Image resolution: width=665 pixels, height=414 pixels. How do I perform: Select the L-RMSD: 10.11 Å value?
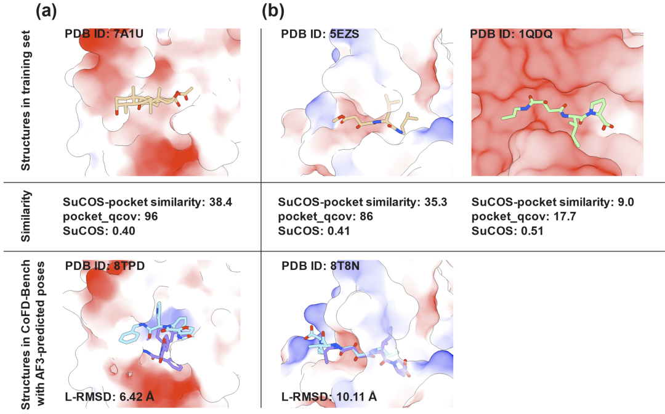(x=323, y=396)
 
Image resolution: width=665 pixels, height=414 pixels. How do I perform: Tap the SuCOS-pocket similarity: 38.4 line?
(x=132, y=201)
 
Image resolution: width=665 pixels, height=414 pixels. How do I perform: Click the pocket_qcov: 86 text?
(x=325, y=216)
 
